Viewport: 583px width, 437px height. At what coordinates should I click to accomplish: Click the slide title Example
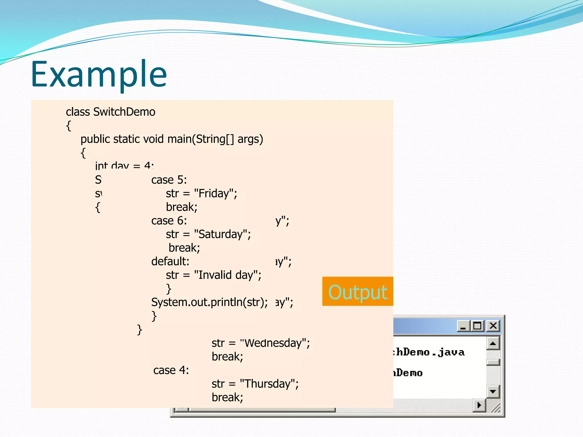[99, 75]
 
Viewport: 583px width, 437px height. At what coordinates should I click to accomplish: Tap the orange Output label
[358, 292]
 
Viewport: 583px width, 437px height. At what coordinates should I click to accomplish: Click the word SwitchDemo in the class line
[124, 112]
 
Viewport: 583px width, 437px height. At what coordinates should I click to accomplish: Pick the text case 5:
[169, 180]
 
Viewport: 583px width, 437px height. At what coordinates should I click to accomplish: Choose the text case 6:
[169, 221]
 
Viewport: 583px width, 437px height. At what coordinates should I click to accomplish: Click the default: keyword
[170, 261]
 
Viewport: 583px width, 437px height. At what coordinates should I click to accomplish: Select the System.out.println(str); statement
[209, 302]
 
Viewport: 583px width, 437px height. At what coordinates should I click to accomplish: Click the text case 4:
[171, 370]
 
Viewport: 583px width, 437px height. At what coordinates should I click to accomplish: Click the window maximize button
[477, 326]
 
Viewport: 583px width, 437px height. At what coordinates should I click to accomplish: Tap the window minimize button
[463, 326]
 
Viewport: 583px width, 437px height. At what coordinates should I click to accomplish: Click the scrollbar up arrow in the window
[493, 344]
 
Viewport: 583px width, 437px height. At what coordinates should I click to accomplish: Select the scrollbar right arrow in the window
[479, 405]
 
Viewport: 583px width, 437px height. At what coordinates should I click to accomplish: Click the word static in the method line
[126, 139]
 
